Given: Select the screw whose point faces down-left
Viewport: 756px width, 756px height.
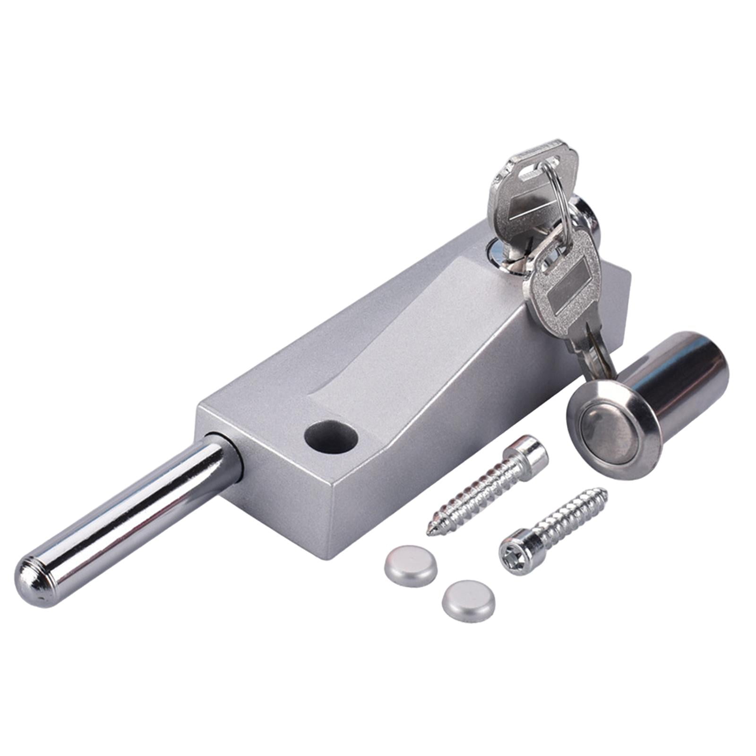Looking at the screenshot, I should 487,487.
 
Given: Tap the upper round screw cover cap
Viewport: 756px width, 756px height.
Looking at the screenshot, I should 410,566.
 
